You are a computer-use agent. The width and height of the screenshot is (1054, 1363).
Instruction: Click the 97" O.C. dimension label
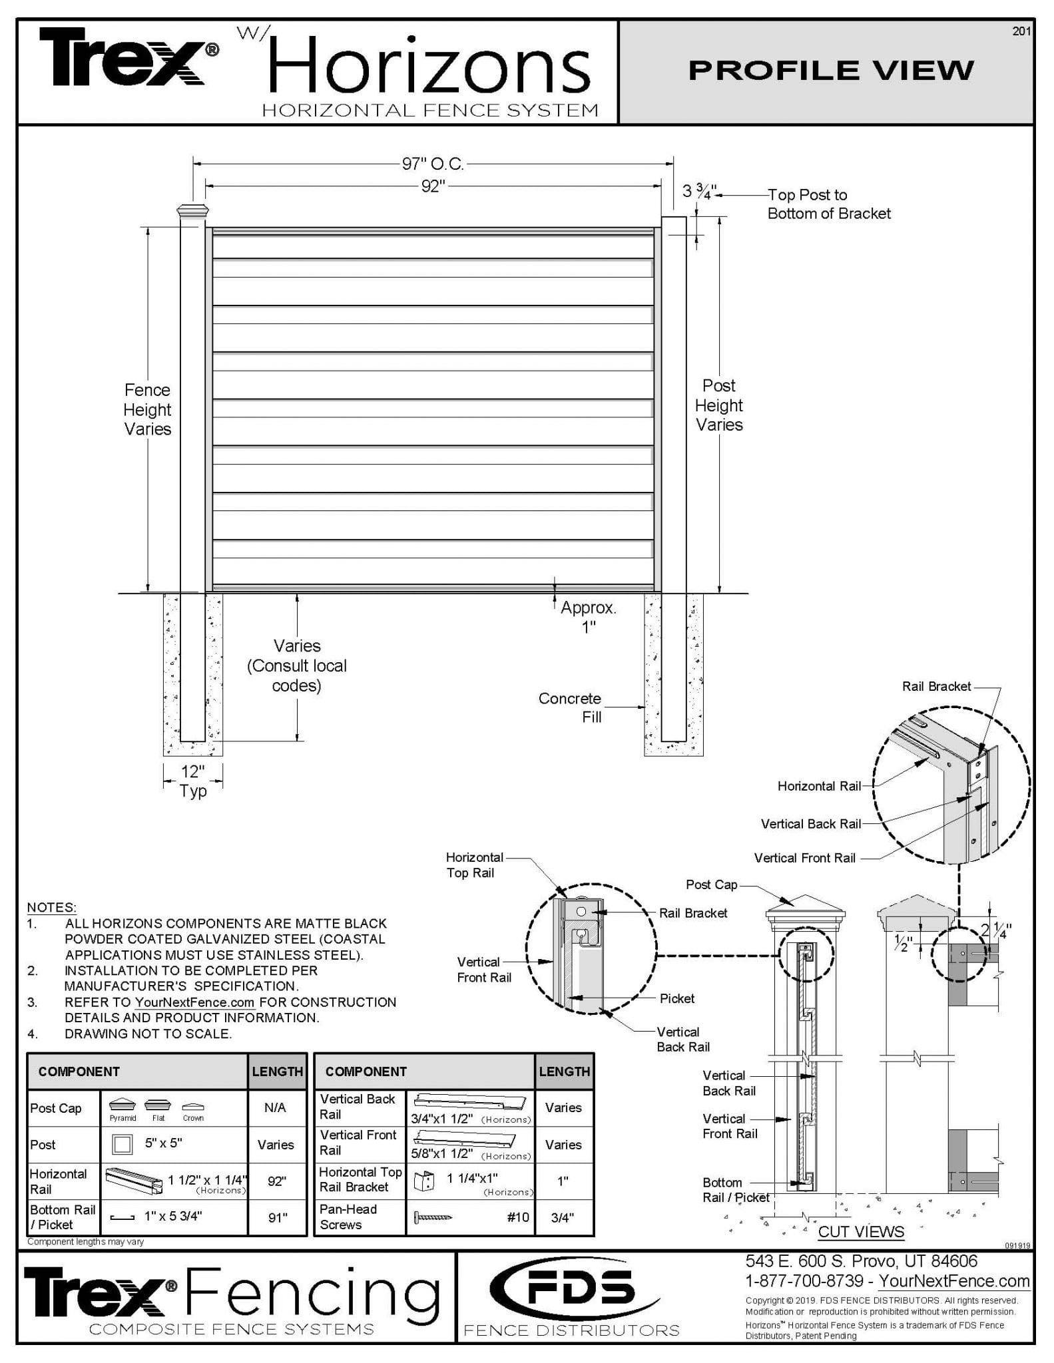(433, 164)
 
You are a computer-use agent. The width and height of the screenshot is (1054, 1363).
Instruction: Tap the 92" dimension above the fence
(433, 186)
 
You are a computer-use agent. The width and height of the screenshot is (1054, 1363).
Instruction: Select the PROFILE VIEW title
(830, 71)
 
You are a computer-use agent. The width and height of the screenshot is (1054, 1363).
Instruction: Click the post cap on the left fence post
(192, 212)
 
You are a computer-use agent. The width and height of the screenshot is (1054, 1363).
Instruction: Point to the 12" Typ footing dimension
(193, 781)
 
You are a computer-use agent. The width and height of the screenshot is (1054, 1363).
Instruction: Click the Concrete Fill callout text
(570, 707)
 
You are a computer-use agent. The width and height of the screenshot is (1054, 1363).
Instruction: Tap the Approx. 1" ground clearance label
(589, 617)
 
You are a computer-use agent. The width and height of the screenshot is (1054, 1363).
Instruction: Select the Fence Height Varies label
(147, 409)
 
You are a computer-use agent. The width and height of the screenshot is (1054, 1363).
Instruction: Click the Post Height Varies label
(719, 405)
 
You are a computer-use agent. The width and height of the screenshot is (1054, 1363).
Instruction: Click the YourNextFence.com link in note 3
(194, 1002)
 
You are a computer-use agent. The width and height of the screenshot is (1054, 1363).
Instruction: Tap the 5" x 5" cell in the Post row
(163, 1143)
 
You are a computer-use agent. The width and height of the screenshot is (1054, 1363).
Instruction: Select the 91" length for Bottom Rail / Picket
(277, 1217)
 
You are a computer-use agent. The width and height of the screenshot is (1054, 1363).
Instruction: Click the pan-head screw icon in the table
(433, 1217)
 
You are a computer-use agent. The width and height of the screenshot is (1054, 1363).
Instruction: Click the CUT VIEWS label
(861, 1231)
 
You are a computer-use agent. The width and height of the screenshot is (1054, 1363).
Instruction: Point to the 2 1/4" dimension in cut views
(996, 930)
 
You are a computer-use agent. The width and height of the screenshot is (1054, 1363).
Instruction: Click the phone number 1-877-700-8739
(804, 1280)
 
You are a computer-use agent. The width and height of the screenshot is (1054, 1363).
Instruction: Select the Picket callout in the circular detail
(676, 998)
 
